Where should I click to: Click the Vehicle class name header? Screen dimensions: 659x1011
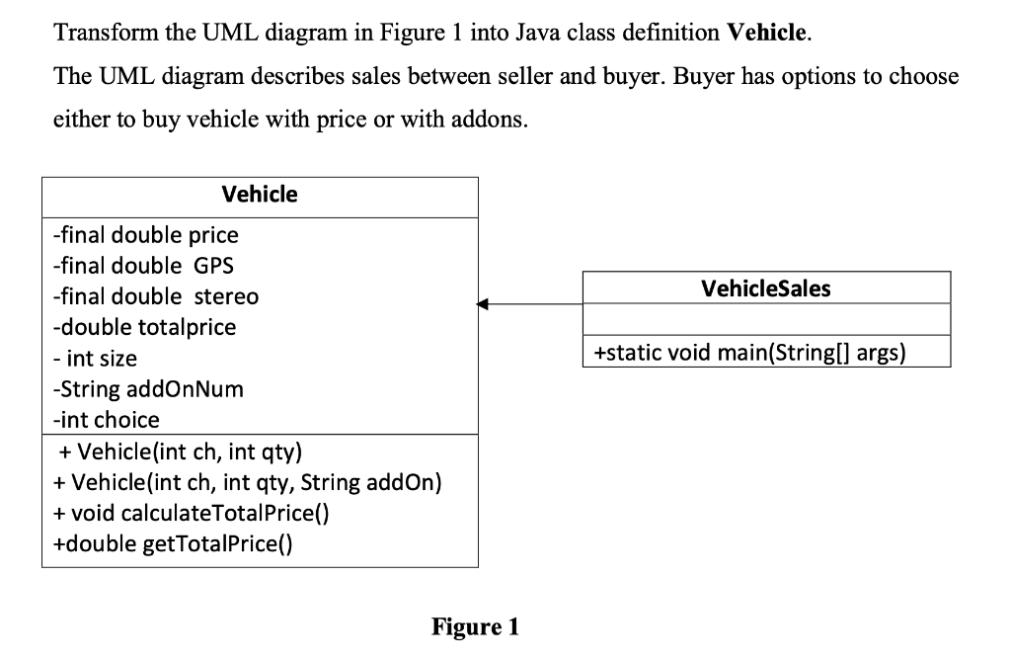[x=260, y=195]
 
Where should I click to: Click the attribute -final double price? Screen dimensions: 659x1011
[x=145, y=235]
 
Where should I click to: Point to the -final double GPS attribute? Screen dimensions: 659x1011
[x=143, y=266]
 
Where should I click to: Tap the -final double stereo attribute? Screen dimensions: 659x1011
[x=155, y=296]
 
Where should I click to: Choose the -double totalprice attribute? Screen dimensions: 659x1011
[x=144, y=327]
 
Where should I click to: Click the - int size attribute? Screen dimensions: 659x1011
[x=95, y=358]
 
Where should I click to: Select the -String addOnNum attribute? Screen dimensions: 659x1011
[x=147, y=388]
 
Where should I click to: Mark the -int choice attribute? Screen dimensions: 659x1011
[x=106, y=419]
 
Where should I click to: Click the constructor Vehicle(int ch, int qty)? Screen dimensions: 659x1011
[x=181, y=453]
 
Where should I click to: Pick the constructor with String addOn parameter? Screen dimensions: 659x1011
[x=247, y=483]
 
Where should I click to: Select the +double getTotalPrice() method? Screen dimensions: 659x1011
[x=173, y=544]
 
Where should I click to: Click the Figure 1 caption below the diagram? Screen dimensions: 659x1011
[x=475, y=626]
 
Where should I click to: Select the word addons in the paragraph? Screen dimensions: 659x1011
[x=503, y=121]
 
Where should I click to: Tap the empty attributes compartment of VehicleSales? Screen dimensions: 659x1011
[x=766, y=320]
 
